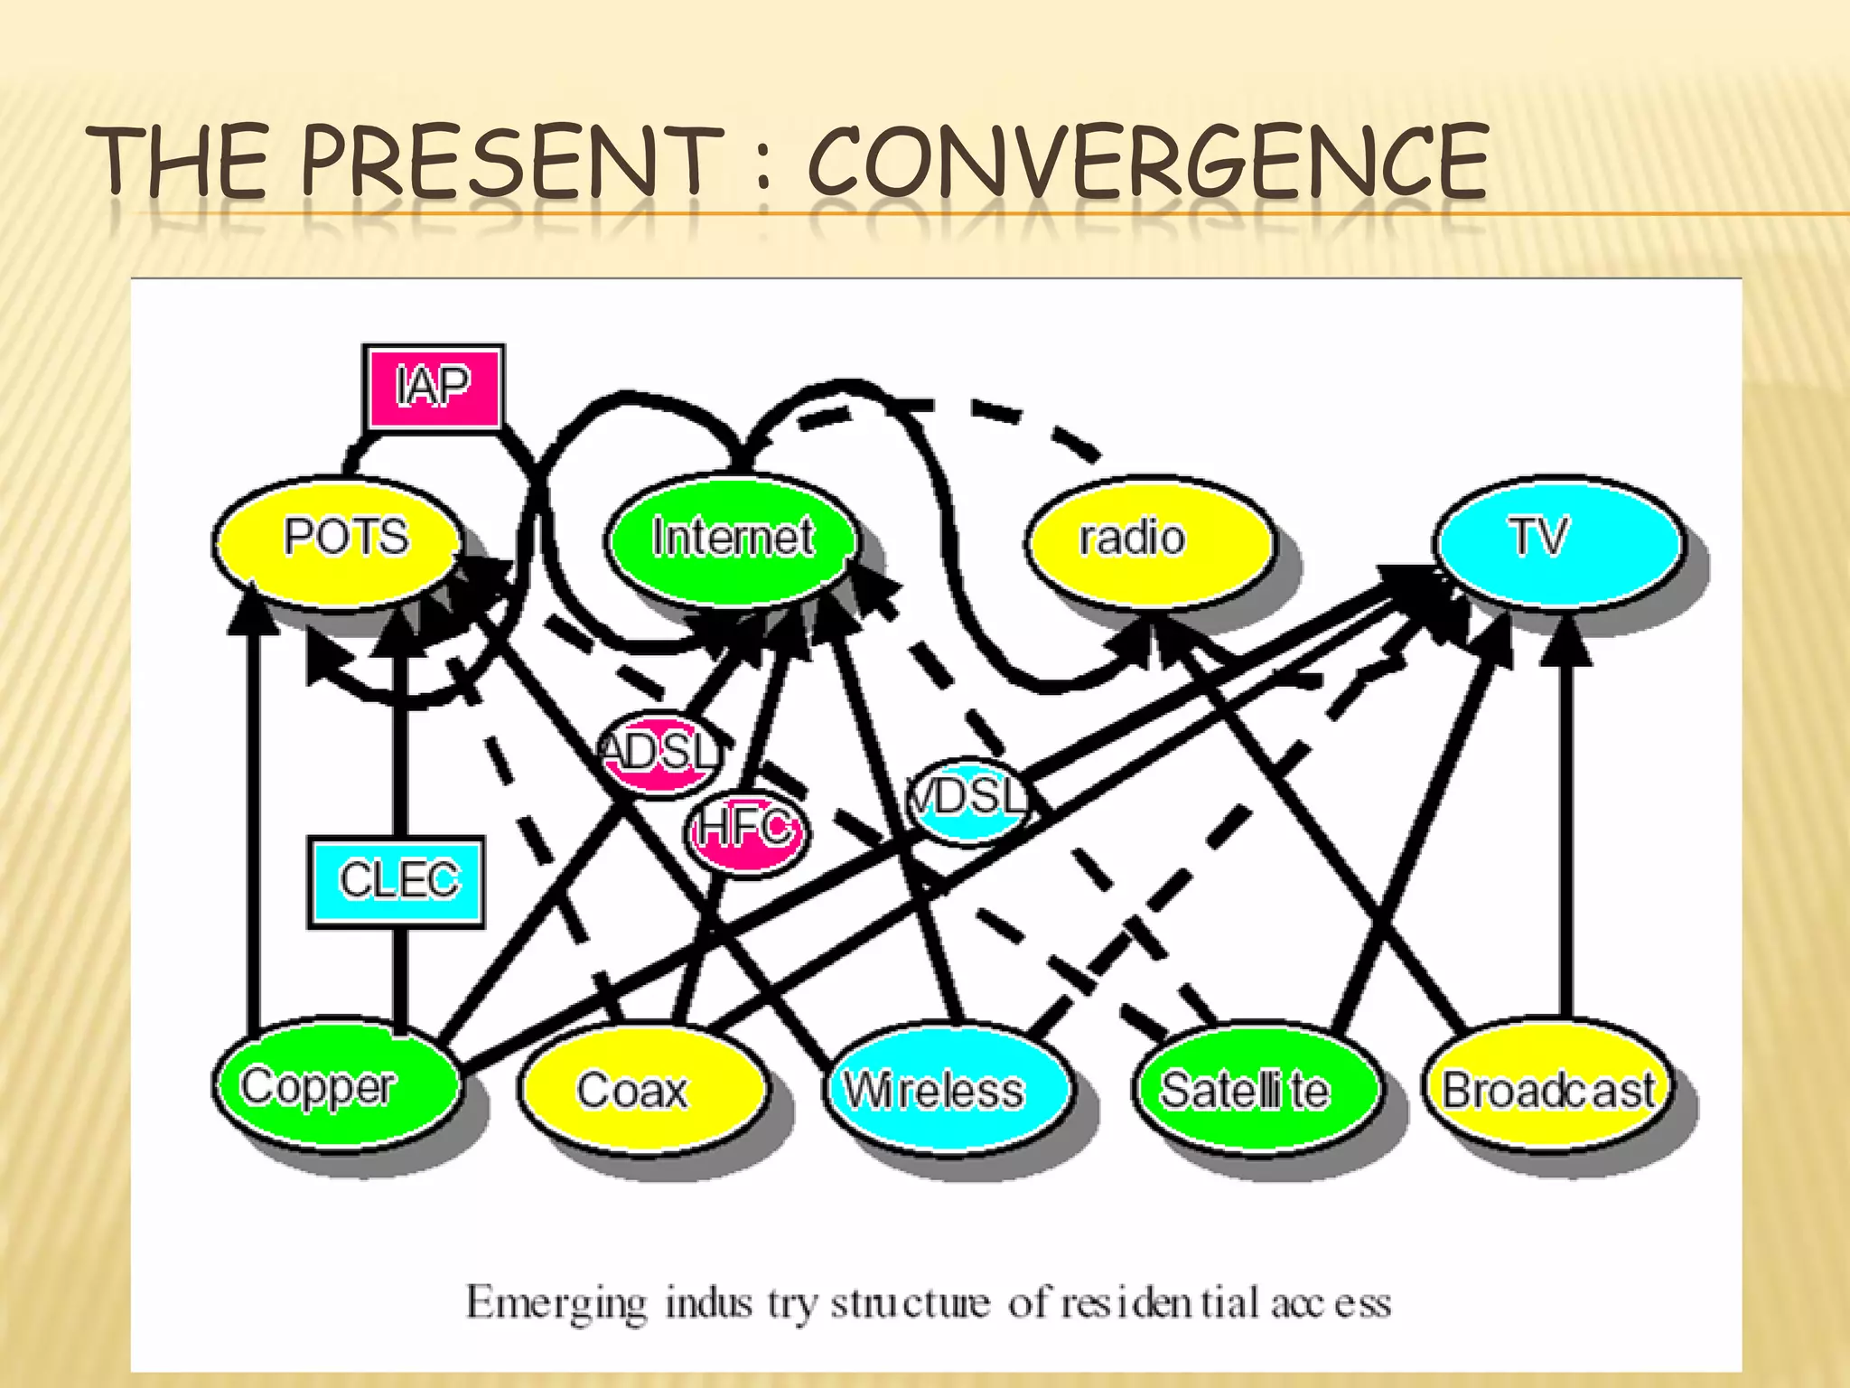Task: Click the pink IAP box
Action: (434, 387)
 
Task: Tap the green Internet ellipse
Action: (731, 539)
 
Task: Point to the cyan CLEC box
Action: (397, 881)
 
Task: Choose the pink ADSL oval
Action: (660, 753)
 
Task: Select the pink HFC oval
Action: (746, 829)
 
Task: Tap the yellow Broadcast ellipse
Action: (1547, 1089)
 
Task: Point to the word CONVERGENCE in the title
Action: (1147, 163)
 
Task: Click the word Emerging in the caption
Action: (556, 1304)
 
